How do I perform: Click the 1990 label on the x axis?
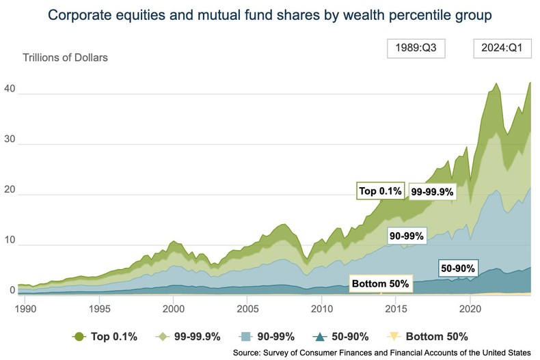click(x=25, y=308)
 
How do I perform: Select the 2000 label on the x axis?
click(x=173, y=308)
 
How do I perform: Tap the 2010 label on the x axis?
click(x=322, y=308)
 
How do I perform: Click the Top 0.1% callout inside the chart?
click(x=381, y=191)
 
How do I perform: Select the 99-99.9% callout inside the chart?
click(x=432, y=193)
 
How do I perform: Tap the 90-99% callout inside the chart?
click(x=406, y=236)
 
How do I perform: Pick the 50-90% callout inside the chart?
click(x=457, y=268)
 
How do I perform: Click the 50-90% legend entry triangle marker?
click(x=321, y=336)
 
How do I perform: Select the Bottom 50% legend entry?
click(x=429, y=336)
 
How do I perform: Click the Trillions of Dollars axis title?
click(x=66, y=57)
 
